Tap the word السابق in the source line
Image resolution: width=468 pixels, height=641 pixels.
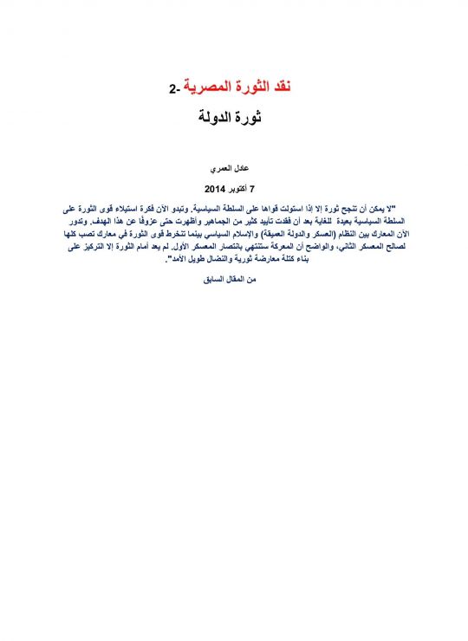coord(216,279)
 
